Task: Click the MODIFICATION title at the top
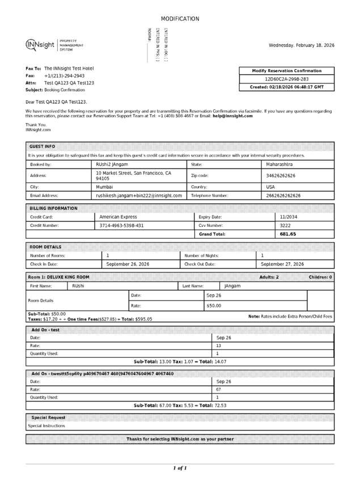pyautogui.click(x=180, y=19)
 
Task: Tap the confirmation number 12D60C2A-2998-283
pyautogui.click(x=287, y=79)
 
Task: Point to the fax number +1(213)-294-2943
pyautogui.click(x=64, y=75)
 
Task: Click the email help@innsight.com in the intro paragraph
pyautogui.click(x=232, y=116)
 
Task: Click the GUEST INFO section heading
pyautogui.click(x=42, y=146)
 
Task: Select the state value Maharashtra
pyautogui.click(x=279, y=164)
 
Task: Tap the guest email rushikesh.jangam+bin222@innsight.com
pyautogui.click(x=139, y=196)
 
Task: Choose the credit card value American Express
pyautogui.click(x=118, y=217)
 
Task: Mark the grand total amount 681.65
pyautogui.click(x=288, y=234)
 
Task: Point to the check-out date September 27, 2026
pyautogui.click(x=282, y=264)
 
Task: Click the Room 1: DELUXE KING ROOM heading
pyautogui.click(x=58, y=277)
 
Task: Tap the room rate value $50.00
pyautogui.click(x=214, y=306)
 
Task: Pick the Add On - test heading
pyautogui.click(x=45, y=329)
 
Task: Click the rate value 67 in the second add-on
pyautogui.click(x=218, y=390)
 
